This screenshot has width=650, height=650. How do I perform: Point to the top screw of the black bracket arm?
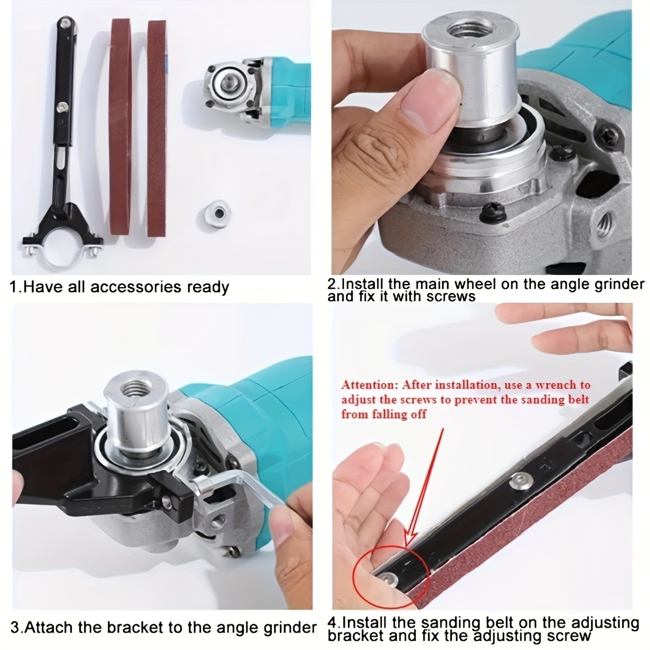click(x=65, y=22)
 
